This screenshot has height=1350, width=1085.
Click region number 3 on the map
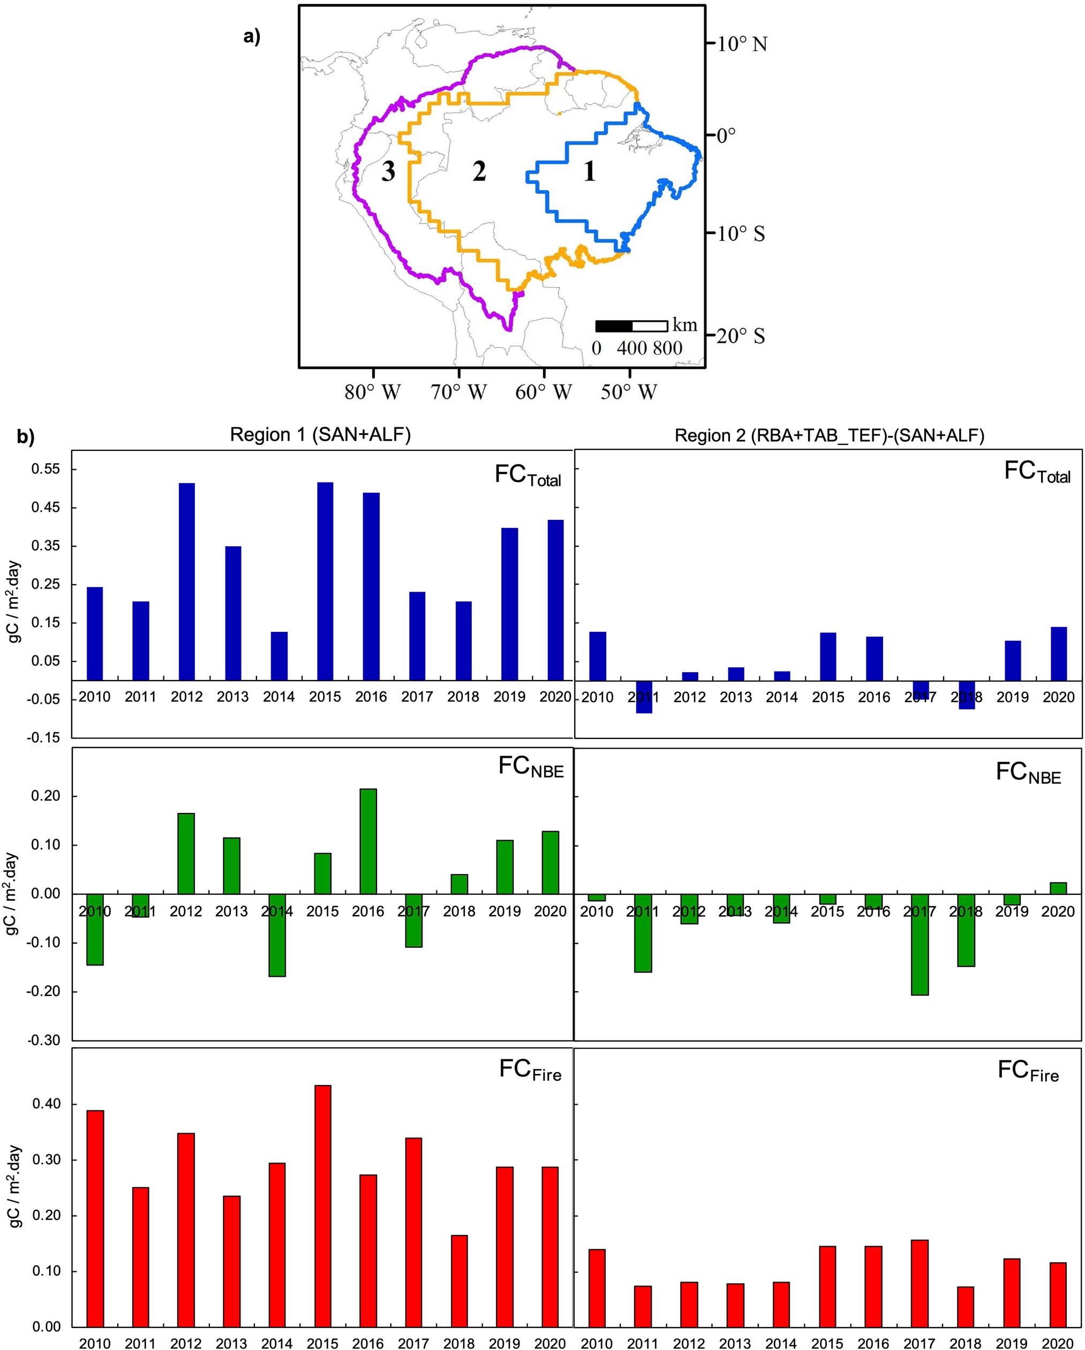coord(388,171)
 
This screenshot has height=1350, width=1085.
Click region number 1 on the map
coord(589,171)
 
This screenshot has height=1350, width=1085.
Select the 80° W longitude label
coord(373,393)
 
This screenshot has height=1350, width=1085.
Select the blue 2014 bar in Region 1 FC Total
coord(279,655)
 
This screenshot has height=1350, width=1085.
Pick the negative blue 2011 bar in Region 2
coord(644,696)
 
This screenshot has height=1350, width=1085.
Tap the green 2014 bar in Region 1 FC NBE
coord(277,935)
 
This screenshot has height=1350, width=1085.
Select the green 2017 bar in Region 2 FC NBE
coord(920,944)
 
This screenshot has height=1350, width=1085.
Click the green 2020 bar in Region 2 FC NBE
coord(1058,888)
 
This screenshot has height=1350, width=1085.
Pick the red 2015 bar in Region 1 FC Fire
coord(323,1205)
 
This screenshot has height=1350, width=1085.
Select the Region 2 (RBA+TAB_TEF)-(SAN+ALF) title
coord(829,436)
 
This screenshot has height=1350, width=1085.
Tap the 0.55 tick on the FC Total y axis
coord(44,469)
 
